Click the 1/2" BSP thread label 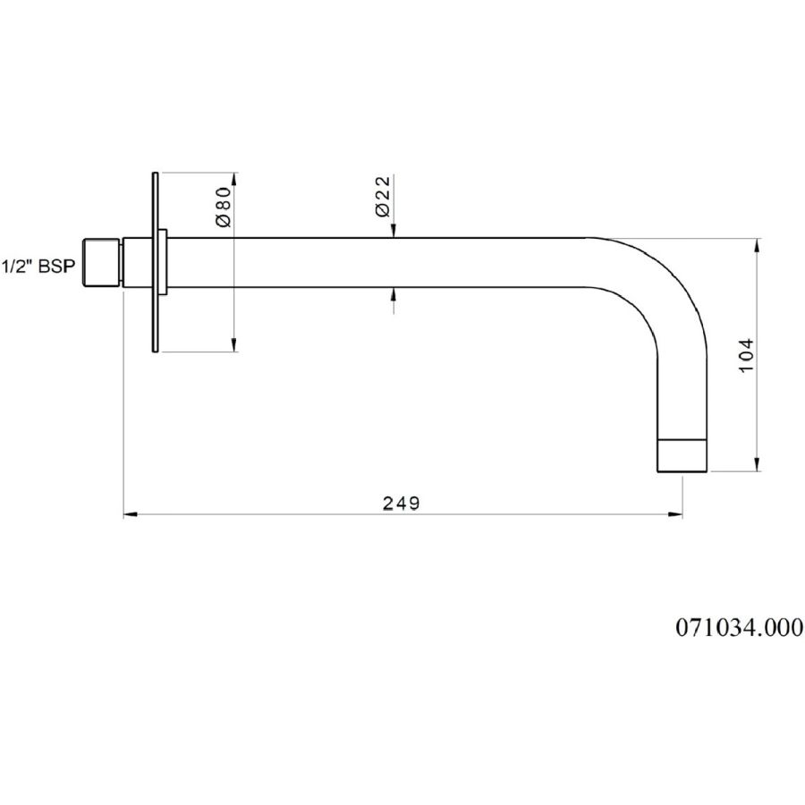(x=38, y=267)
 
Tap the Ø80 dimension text (x=225, y=207)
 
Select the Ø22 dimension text (x=383, y=197)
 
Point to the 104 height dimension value (x=747, y=355)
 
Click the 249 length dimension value (x=402, y=504)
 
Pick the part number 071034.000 (x=740, y=627)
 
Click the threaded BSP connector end (x=102, y=262)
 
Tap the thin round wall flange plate (x=155, y=262)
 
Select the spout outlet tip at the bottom (x=682, y=455)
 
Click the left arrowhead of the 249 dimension (x=131, y=514)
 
